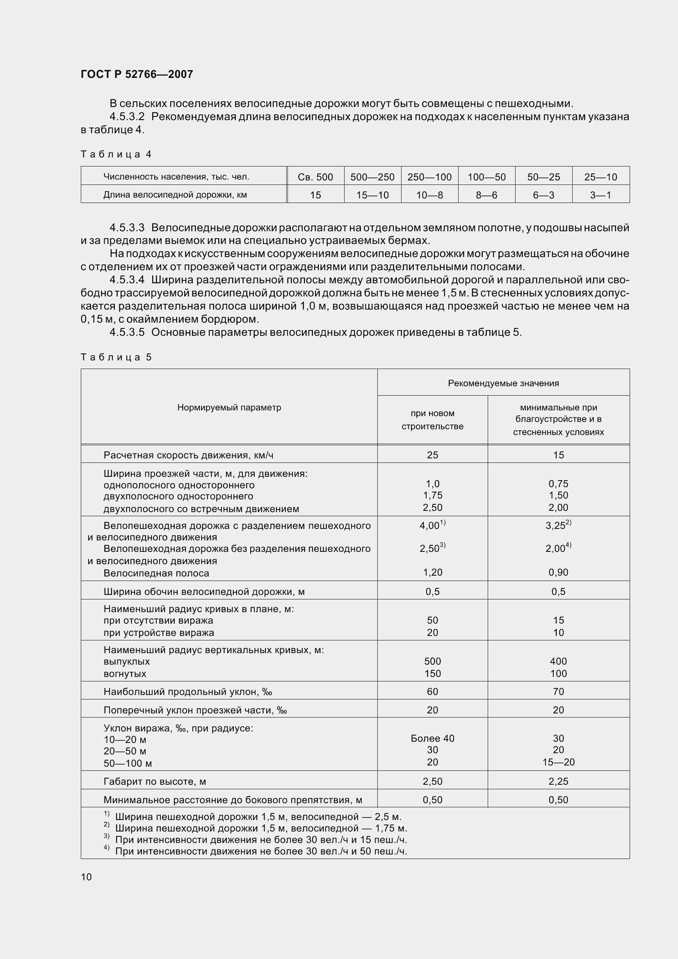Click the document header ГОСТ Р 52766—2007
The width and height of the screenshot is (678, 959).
[x=137, y=74]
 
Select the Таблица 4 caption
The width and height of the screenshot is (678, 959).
[x=116, y=155]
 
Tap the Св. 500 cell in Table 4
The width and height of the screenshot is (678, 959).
[x=315, y=177]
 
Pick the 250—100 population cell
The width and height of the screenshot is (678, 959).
[x=429, y=177]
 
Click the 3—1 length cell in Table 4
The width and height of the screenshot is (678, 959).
[x=600, y=195]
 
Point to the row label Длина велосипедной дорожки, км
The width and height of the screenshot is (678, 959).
[x=175, y=195]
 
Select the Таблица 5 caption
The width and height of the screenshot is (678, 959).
[x=116, y=357]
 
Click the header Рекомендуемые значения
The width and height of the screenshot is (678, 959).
[x=503, y=383]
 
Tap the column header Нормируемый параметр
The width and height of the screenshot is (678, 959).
[x=229, y=407]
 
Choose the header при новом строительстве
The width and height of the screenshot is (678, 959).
[x=432, y=419]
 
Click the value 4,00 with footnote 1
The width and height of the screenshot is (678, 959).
[x=432, y=526]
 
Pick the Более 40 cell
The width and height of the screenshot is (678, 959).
[x=432, y=738]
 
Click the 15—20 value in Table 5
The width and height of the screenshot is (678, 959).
[x=558, y=762]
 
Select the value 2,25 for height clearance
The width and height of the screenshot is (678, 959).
[x=558, y=781]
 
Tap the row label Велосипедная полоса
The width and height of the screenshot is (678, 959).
[x=156, y=573]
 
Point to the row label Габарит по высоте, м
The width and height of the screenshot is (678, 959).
[x=155, y=781]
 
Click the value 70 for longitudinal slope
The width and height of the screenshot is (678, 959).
[x=558, y=692]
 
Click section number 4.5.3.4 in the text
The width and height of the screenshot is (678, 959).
[x=127, y=280]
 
